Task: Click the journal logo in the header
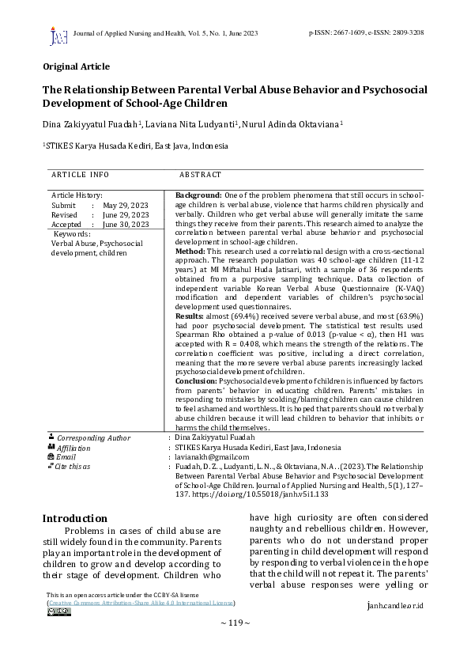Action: (58, 36)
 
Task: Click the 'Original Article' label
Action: (76, 66)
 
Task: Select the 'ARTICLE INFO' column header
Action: (80, 174)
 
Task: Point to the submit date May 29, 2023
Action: (126, 205)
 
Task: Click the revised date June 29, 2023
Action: (126, 214)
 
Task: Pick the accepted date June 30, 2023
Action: (126, 224)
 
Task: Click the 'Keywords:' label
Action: (71, 234)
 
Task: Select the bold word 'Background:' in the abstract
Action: (198, 195)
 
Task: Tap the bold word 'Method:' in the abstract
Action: (190, 250)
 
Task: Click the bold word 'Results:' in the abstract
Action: (191, 316)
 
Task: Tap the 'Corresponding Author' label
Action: (93, 437)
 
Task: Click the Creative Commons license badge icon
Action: (58, 611)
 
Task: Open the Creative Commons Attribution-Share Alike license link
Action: (141, 603)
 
